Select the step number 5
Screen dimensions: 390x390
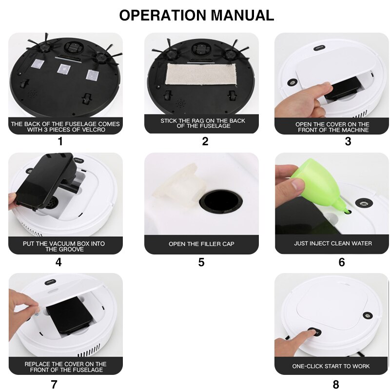(x=201, y=262)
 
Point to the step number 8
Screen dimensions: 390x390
(x=335, y=384)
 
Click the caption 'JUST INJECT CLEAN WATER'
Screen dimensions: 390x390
(x=332, y=243)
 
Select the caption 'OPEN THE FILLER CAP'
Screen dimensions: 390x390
(x=201, y=244)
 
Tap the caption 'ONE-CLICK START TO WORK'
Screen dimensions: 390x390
(x=331, y=366)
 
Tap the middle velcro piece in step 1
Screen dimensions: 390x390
(x=62, y=69)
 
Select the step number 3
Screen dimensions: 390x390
(x=348, y=141)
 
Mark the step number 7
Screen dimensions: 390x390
(x=54, y=384)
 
